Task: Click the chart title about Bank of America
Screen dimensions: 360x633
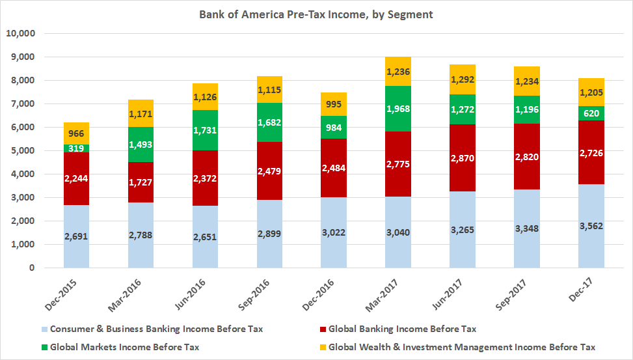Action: (316, 14)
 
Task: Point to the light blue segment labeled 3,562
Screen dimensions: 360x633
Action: (591, 226)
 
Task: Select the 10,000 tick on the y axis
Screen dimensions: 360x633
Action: (21, 33)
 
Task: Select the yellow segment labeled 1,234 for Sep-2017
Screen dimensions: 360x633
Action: (526, 81)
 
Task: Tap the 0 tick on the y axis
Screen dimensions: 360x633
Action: (31, 268)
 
